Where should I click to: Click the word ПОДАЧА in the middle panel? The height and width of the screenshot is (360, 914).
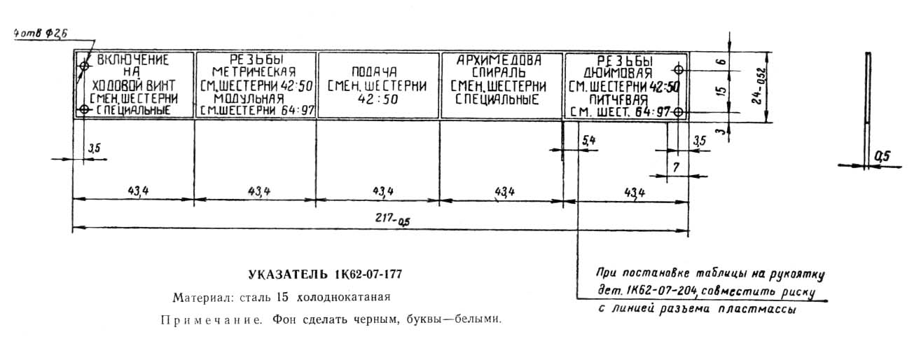(378, 72)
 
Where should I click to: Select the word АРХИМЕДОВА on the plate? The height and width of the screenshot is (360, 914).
(499, 60)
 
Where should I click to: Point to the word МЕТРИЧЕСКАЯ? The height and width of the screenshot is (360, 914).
(254, 72)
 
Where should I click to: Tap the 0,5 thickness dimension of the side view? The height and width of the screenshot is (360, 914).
(880, 157)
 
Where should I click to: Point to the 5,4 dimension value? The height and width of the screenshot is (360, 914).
(589, 141)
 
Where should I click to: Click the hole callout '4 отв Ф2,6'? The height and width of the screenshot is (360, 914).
(39, 33)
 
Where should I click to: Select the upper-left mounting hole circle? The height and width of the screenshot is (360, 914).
(84, 65)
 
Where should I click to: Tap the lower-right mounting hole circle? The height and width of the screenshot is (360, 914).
(678, 111)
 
